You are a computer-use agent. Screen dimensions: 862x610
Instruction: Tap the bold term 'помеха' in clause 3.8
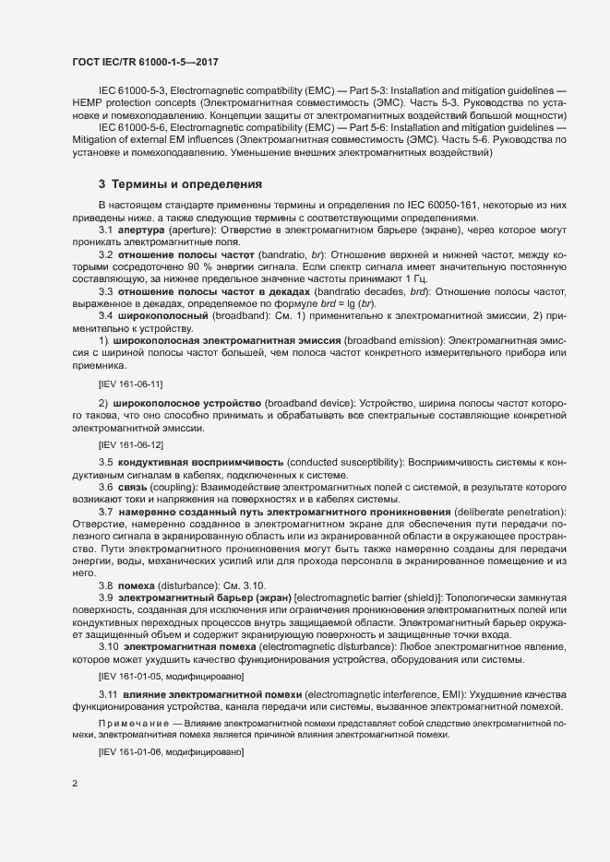click(x=136, y=584)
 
